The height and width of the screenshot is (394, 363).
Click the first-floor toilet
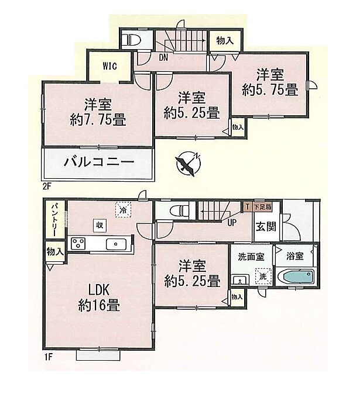click(177, 210)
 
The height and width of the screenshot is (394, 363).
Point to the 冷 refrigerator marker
click(124, 209)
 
